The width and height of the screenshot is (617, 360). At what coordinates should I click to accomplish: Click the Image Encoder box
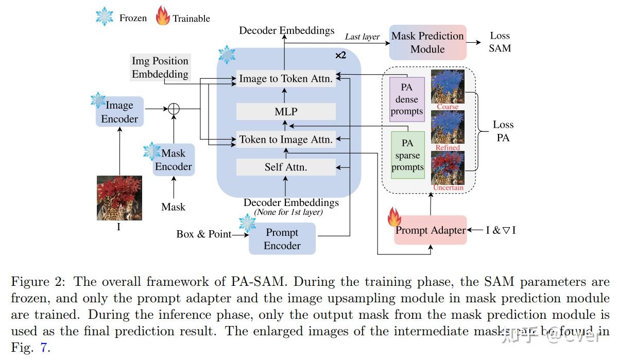[119, 112]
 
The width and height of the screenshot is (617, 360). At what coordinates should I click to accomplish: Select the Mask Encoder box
[174, 160]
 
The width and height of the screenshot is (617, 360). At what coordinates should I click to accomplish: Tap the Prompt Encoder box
[282, 239]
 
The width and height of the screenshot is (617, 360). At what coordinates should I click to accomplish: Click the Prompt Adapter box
[430, 230]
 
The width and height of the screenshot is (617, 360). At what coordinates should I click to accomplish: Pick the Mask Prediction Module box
[427, 42]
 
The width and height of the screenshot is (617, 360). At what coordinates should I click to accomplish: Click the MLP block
[286, 111]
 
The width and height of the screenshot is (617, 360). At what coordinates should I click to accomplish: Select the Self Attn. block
[286, 167]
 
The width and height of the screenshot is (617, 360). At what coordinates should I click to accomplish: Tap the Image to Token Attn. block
[286, 79]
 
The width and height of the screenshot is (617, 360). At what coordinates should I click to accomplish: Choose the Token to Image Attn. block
[286, 139]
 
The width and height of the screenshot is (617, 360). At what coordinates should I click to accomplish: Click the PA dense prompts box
[407, 99]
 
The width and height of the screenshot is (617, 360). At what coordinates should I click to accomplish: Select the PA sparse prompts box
[407, 155]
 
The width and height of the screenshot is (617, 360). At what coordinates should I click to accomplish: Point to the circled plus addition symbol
[174, 109]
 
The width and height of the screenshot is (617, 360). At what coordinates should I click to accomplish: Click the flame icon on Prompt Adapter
[395, 217]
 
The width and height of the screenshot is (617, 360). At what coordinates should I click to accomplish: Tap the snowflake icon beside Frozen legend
[105, 17]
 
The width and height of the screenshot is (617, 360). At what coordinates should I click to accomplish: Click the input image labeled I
[119, 198]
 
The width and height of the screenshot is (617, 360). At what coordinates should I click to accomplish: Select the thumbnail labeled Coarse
[448, 87]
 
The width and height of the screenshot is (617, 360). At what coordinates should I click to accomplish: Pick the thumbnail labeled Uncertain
[448, 168]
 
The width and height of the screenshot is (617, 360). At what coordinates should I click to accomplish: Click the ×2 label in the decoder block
[340, 55]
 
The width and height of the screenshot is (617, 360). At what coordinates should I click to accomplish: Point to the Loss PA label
[503, 131]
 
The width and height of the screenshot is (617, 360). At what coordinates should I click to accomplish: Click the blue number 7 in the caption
[44, 348]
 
